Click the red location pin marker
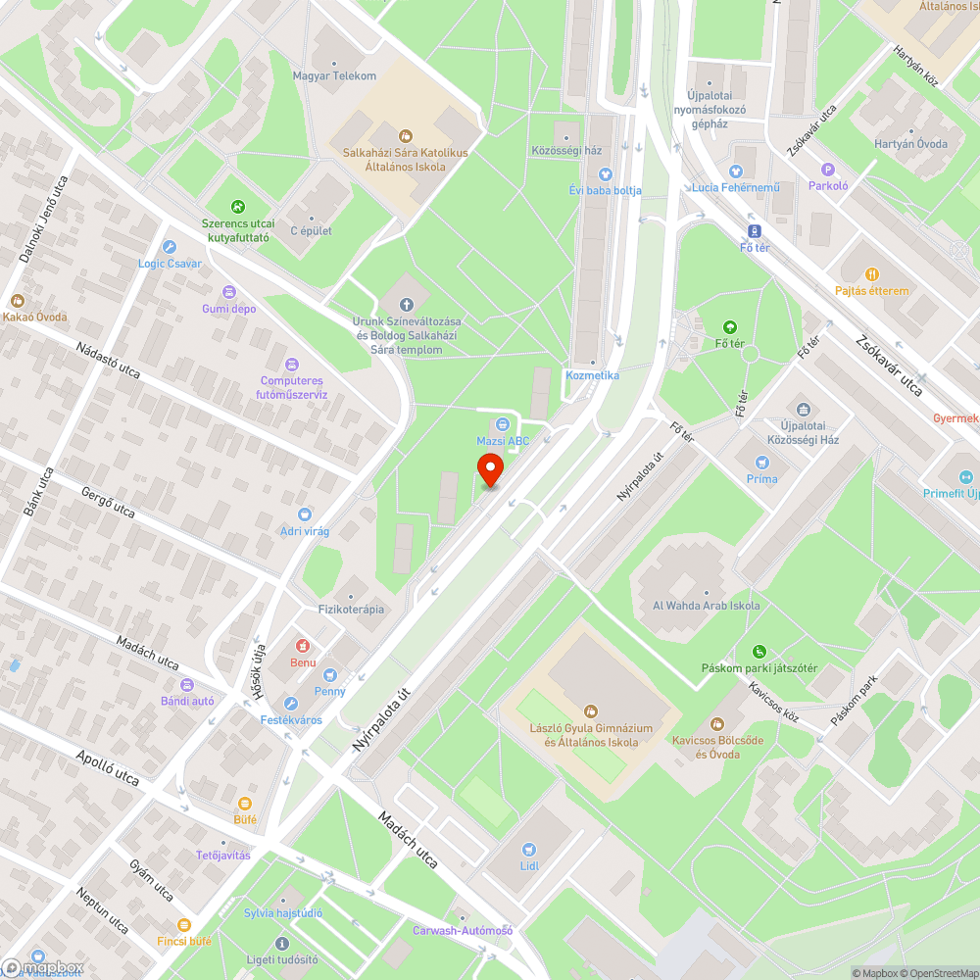coord(490,469)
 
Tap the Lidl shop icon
coord(530,849)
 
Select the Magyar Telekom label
coord(334,75)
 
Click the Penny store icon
coord(330,674)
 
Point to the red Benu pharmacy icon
coord(303,646)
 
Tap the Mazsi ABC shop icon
coord(502,424)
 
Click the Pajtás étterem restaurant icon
coord(872,274)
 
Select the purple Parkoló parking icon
coord(828,170)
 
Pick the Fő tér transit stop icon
coord(755,231)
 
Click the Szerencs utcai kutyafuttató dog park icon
coord(237,207)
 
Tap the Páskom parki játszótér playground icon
coord(759,652)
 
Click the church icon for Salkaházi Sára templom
coord(408,305)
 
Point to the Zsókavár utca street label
coord(889,366)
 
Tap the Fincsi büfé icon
coord(183,924)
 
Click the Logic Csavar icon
coord(170,247)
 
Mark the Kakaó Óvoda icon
coord(16,301)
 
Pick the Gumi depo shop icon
coord(228,292)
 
